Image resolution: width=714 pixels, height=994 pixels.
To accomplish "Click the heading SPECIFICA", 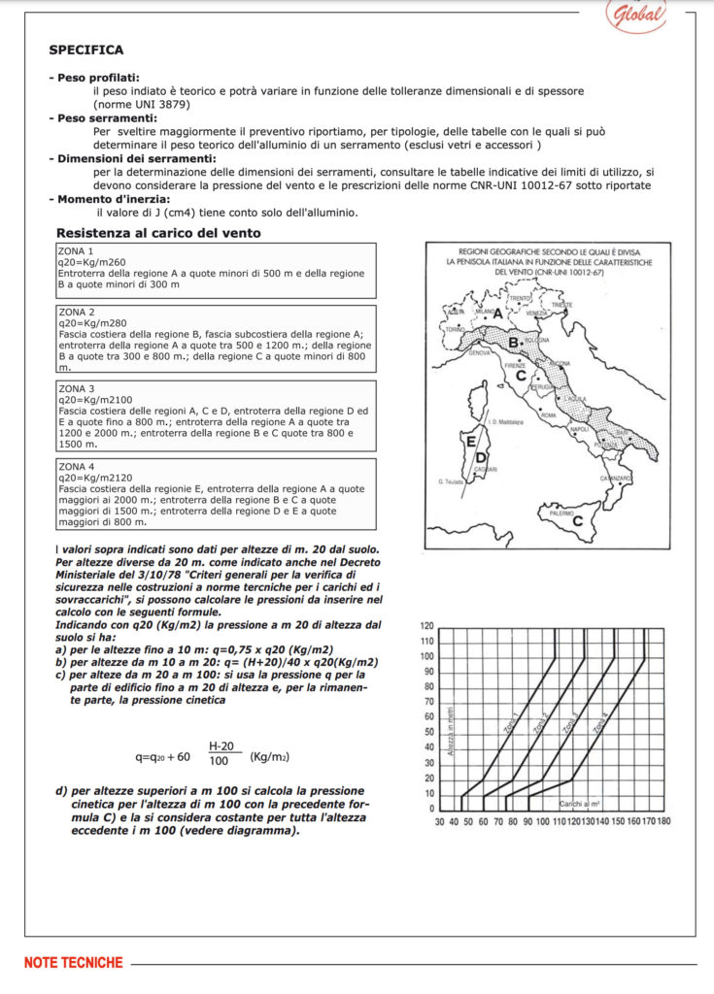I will click(86, 50).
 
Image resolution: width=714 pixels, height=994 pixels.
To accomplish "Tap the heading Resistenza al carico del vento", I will click(158, 233).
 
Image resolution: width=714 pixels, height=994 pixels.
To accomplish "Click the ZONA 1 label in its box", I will click(77, 250).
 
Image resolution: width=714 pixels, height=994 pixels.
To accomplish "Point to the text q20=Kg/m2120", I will click(92, 477).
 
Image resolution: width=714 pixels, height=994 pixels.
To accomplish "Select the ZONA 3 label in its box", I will click(77, 388).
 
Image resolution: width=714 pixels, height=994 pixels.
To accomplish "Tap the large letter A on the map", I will click(497, 314).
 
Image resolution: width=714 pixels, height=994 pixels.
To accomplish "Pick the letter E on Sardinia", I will click(472, 442).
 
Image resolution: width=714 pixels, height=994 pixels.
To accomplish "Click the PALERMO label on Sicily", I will click(562, 512).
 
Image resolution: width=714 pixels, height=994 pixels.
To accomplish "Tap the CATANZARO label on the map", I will click(616, 479).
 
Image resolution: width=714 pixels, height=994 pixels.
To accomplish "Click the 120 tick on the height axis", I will click(425, 626).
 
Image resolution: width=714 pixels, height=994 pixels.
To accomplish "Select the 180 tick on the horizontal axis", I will click(663, 821).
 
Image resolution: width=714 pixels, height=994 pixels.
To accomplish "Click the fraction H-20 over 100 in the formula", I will click(221, 754).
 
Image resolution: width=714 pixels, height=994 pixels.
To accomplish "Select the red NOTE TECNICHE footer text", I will click(74, 963).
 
